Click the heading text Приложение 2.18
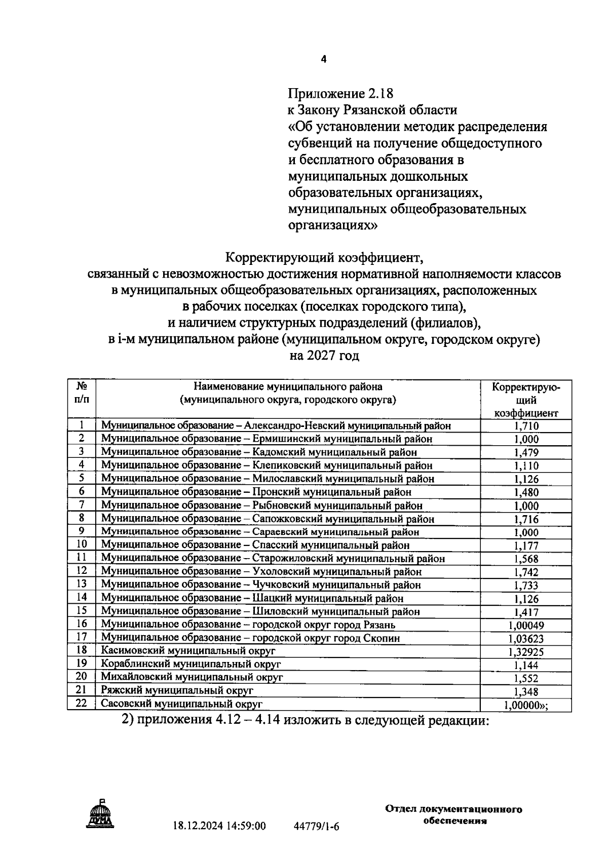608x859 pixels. (340, 94)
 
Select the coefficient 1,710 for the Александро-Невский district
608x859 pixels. (526, 426)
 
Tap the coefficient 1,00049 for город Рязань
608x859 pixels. (526, 626)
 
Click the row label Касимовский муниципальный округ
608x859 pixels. (188, 651)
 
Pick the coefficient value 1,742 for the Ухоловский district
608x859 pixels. (526, 572)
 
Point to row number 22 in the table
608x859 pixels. (81, 704)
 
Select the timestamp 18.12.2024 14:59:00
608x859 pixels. (219, 826)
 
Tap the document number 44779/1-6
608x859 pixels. (316, 827)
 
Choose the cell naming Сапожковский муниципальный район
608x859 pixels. (268, 519)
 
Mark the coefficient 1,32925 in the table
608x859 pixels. (526, 652)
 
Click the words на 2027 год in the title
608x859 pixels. (324, 356)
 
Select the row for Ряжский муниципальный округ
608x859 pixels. (177, 690)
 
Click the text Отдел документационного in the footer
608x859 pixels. (453, 809)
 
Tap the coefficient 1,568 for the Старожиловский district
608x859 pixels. (526, 559)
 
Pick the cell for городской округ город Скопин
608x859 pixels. (250, 638)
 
